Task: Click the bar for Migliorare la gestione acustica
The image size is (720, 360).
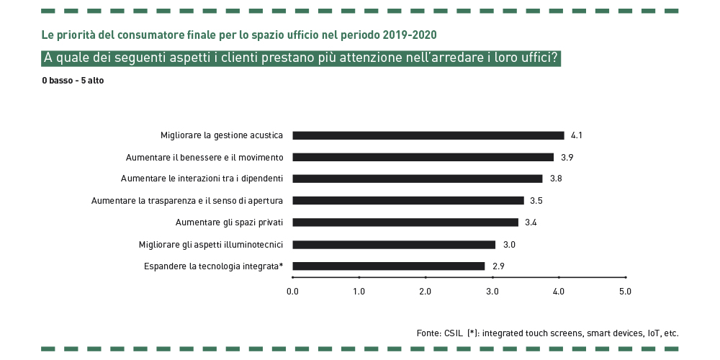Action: pyautogui.click(x=428, y=135)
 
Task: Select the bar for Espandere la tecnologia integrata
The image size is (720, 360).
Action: pyautogui.click(x=389, y=266)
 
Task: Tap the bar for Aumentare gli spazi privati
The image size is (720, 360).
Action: pyautogui.click(x=405, y=222)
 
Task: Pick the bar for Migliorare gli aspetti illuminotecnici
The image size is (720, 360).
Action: pyautogui.click(x=394, y=244)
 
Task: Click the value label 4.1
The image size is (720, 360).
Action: pyautogui.click(x=576, y=135)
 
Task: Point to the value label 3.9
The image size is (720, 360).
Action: pyautogui.click(x=567, y=157)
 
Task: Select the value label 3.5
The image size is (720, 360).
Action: pyautogui.click(x=536, y=200)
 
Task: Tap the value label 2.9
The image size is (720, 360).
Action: pyautogui.click(x=498, y=266)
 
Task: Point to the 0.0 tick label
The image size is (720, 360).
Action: pyautogui.click(x=292, y=291)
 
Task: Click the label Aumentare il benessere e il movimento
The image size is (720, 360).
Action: pyautogui.click(x=204, y=157)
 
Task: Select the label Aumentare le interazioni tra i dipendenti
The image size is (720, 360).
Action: pyautogui.click(x=202, y=179)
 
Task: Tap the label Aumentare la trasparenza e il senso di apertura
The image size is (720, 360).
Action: pyautogui.click(x=187, y=200)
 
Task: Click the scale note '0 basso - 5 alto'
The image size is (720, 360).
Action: pyautogui.click(x=73, y=81)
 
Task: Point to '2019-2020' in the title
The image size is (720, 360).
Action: pyautogui.click(x=409, y=35)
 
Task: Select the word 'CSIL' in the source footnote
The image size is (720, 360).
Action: pyautogui.click(x=454, y=333)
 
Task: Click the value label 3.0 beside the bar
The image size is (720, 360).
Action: pyautogui.click(x=509, y=244)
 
